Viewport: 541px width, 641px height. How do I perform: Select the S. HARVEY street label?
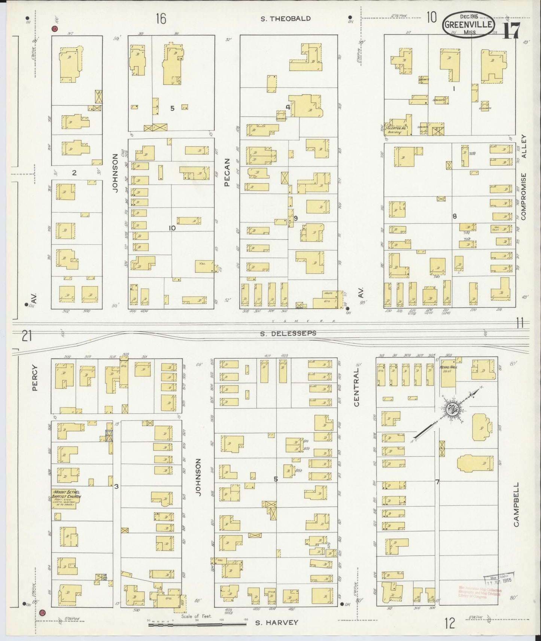pos(277,623)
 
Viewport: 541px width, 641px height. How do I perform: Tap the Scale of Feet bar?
pos(196,624)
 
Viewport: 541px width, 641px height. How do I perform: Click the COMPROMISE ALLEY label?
pos(523,183)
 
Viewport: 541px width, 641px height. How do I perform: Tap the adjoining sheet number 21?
pos(26,336)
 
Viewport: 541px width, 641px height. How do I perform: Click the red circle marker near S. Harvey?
pos(42,612)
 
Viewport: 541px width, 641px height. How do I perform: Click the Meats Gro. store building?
pos(328,299)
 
